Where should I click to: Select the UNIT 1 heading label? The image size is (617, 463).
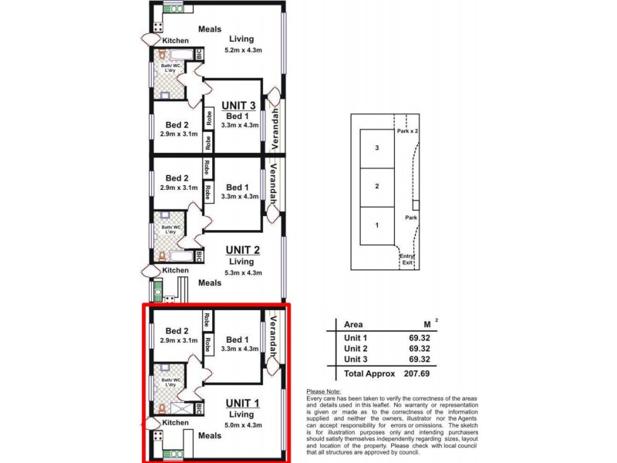coord(241,403)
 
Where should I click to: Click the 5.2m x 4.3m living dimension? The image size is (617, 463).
coord(244,51)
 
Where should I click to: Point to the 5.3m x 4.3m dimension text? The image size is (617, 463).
coord(244,272)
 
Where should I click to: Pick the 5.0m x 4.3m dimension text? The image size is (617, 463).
coord(241,425)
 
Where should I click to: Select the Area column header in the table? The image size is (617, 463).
coord(353,325)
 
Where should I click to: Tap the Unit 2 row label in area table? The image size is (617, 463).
coord(356,348)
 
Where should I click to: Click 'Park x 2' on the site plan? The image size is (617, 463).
coord(407,131)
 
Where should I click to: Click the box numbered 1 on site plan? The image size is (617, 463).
coord(376,226)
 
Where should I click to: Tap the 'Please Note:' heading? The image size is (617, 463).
coord(324,392)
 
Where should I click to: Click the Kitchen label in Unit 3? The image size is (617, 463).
coord(175,40)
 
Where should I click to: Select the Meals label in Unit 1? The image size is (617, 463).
coord(209,436)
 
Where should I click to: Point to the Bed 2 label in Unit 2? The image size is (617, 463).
coord(177,177)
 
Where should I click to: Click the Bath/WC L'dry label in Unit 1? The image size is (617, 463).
coord(171,384)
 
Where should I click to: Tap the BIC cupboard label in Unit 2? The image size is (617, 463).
coord(199,255)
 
